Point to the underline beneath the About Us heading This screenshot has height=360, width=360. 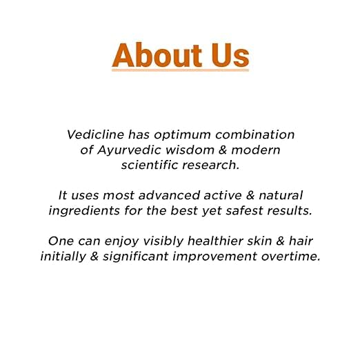[x=180, y=69]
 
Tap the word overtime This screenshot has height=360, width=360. [x=292, y=256]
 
